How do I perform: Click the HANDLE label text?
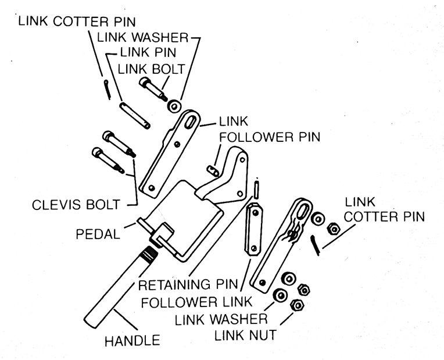(x=131, y=341)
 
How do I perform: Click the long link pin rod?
(x=135, y=115)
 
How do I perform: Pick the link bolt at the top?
(x=153, y=88)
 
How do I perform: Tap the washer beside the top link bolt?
(x=174, y=106)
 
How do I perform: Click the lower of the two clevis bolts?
(x=108, y=160)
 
